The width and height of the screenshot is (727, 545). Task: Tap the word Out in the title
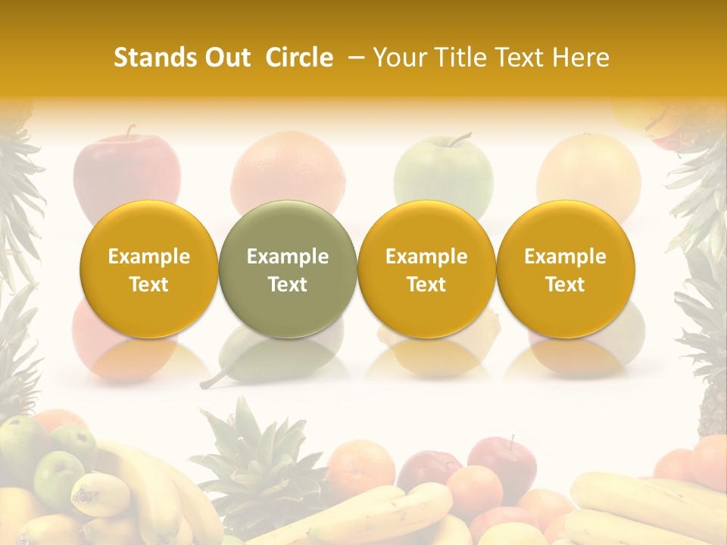(225, 58)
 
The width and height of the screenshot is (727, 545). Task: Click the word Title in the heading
(463, 58)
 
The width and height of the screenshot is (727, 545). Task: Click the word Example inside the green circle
(288, 257)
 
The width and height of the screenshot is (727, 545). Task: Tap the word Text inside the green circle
(288, 285)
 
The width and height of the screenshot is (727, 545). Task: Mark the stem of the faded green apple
(459, 139)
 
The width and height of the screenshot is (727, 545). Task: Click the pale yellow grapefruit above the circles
(588, 170)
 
